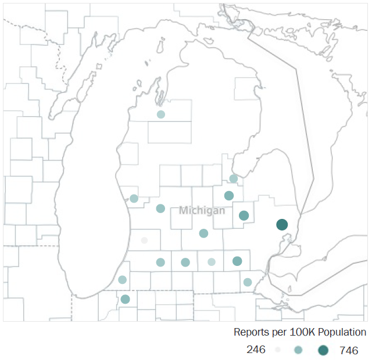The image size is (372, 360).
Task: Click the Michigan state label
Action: (202, 210)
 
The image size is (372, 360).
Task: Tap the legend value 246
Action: (256, 350)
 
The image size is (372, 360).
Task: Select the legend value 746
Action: (349, 350)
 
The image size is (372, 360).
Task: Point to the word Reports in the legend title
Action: (251, 332)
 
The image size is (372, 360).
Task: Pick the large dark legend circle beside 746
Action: (323, 350)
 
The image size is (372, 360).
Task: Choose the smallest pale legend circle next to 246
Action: (278, 350)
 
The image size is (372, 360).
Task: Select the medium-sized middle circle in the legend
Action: (298, 350)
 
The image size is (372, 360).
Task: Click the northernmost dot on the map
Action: (161, 114)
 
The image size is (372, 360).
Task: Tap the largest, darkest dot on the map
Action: (282, 225)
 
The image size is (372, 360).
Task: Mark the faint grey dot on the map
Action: (144, 240)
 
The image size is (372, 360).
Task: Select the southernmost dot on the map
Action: (125, 300)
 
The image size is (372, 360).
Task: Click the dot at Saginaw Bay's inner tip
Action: (233, 179)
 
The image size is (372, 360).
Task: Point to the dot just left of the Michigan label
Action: (160, 208)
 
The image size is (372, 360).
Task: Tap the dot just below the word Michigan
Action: (203, 233)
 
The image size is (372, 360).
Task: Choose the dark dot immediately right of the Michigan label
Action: (244, 215)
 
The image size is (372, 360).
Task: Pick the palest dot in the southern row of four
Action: (212, 262)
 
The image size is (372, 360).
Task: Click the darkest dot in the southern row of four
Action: (237, 261)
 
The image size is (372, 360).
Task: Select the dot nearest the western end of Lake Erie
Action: (248, 282)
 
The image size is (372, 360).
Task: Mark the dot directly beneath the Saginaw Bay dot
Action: (229, 196)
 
